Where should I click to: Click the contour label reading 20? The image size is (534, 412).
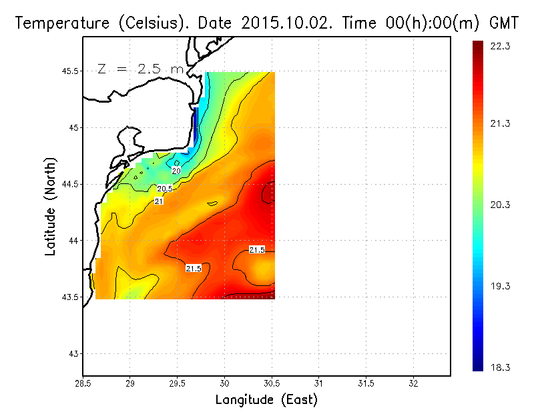coord(176,171)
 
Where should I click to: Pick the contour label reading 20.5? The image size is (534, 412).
coord(165,189)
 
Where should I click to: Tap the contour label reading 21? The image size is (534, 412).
coord(160,201)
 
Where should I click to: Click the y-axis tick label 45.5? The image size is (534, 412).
coord(69,71)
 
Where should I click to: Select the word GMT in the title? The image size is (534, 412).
coord(505,23)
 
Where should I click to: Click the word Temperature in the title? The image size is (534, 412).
coord(54,23)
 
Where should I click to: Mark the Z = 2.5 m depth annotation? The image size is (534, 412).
coord(140,69)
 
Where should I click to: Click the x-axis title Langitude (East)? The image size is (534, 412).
coord(266,400)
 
